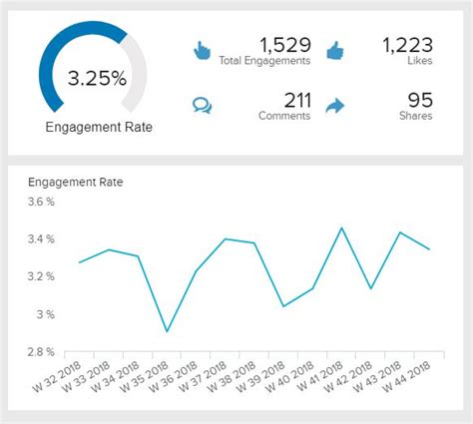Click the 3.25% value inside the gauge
click(x=96, y=79)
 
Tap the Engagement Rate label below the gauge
click(x=95, y=127)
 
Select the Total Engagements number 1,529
click(x=284, y=45)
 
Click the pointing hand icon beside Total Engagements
click(x=203, y=50)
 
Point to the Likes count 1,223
click(x=408, y=45)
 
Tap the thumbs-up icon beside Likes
click(x=334, y=50)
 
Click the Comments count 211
click(x=296, y=100)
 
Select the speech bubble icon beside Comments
click(x=203, y=104)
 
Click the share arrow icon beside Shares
click(x=334, y=104)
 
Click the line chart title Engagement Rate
click(x=76, y=183)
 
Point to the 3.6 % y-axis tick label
click(x=42, y=203)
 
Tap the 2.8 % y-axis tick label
click(x=42, y=352)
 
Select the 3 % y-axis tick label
click(x=47, y=314)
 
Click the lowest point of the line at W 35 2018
click(x=167, y=331)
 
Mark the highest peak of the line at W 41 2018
click(x=342, y=227)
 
